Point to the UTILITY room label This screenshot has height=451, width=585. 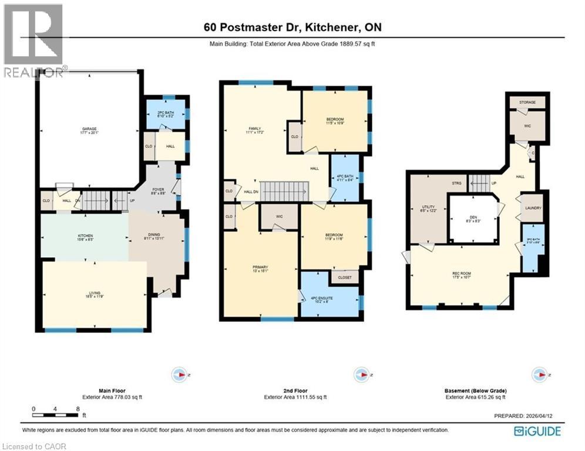tap(428, 208)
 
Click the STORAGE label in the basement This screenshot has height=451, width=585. tap(527, 102)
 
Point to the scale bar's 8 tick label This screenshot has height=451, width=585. tap(78, 409)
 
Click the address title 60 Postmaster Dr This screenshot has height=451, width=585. tap(292, 27)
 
